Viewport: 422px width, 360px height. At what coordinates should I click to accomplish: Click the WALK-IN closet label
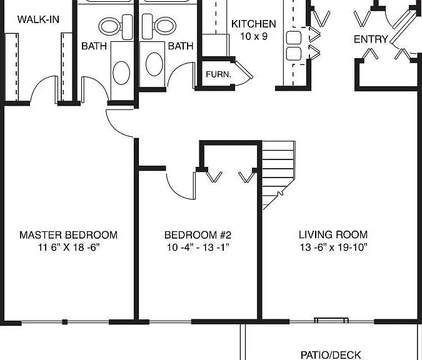pyautogui.click(x=38, y=19)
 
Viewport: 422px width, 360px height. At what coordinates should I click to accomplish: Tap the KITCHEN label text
pyautogui.click(x=254, y=24)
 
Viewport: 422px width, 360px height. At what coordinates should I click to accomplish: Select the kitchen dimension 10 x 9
pyautogui.click(x=254, y=36)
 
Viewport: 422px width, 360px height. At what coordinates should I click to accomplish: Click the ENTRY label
pyautogui.click(x=370, y=39)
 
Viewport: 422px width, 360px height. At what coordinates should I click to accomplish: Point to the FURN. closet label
pyautogui.click(x=218, y=74)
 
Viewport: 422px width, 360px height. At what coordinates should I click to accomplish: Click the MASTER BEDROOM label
pyautogui.click(x=68, y=235)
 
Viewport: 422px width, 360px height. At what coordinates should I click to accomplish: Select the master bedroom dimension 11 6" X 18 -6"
pyautogui.click(x=69, y=247)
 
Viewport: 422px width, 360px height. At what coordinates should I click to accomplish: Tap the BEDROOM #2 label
pyautogui.click(x=198, y=235)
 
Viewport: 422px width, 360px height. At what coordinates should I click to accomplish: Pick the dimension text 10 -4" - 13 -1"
pyautogui.click(x=198, y=247)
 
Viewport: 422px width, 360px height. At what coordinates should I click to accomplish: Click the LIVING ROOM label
pyautogui.click(x=333, y=234)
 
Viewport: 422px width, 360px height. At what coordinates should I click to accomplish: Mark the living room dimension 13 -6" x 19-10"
pyautogui.click(x=333, y=247)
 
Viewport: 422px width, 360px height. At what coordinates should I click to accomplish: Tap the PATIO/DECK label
pyautogui.click(x=331, y=355)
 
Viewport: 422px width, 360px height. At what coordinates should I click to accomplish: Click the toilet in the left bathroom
pyautogui.click(x=116, y=26)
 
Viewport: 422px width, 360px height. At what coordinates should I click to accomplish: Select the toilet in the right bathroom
pyautogui.click(x=159, y=26)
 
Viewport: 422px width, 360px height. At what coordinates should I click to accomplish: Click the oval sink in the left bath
pyautogui.click(x=121, y=73)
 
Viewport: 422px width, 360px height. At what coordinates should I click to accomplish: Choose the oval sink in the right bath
pyautogui.click(x=154, y=64)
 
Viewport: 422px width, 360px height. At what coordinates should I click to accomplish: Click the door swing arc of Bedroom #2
pyautogui.click(x=175, y=192)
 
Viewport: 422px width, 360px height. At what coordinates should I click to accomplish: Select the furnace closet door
pyautogui.click(x=244, y=69)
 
